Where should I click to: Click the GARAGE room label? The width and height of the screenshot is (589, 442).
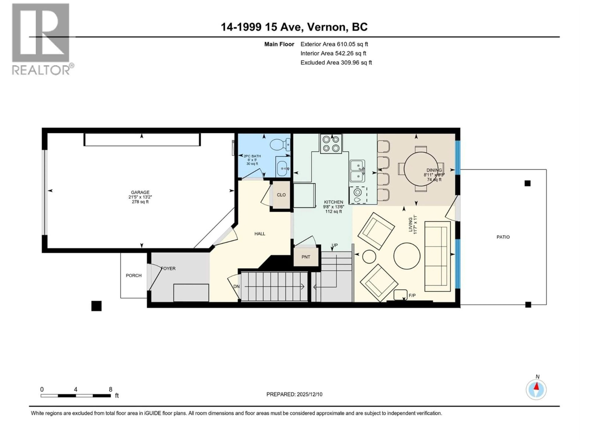[x=140, y=192]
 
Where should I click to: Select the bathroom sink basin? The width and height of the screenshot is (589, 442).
[x=283, y=168]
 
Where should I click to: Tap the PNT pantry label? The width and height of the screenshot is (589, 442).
[x=306, y=257]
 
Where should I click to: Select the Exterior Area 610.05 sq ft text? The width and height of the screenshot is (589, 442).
[x=334, y=44]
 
